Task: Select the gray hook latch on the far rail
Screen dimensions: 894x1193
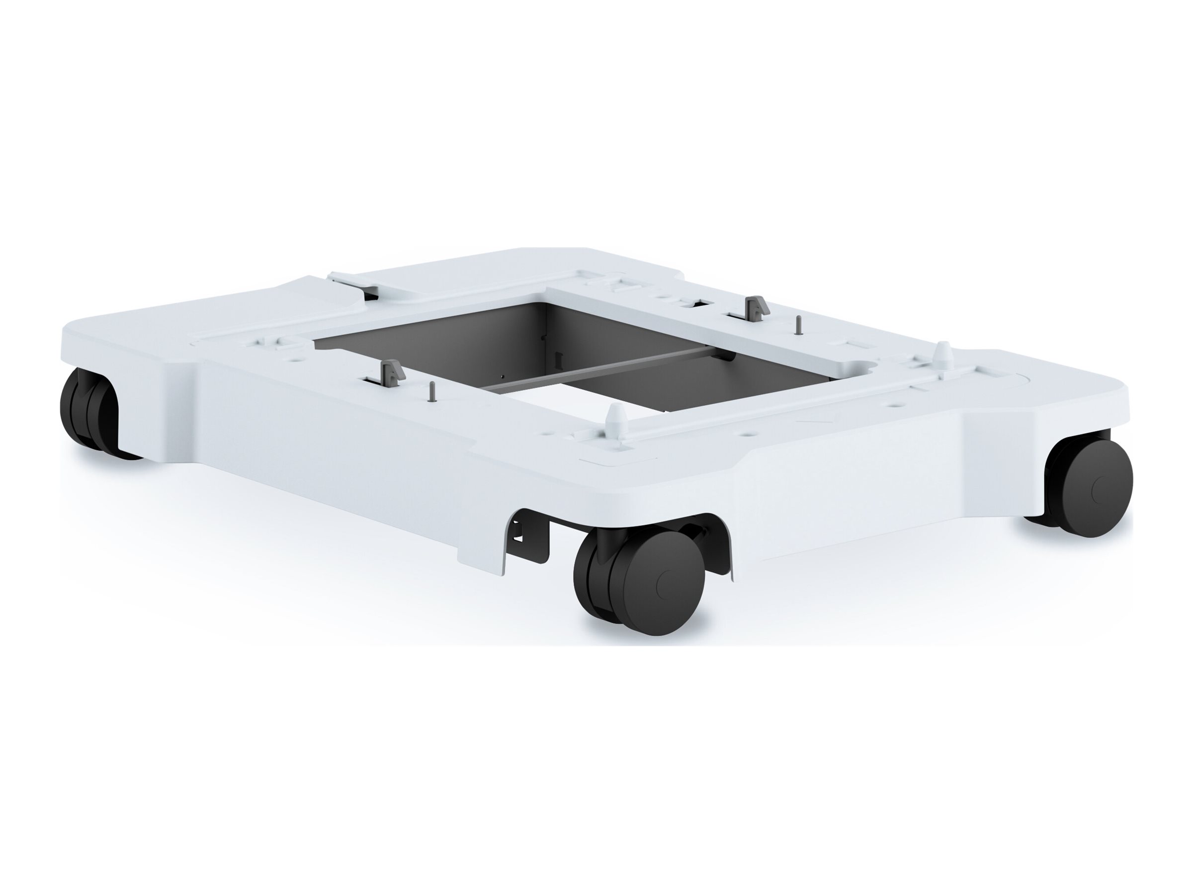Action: point(754,306)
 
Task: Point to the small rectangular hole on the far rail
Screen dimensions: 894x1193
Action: point(696,305)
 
